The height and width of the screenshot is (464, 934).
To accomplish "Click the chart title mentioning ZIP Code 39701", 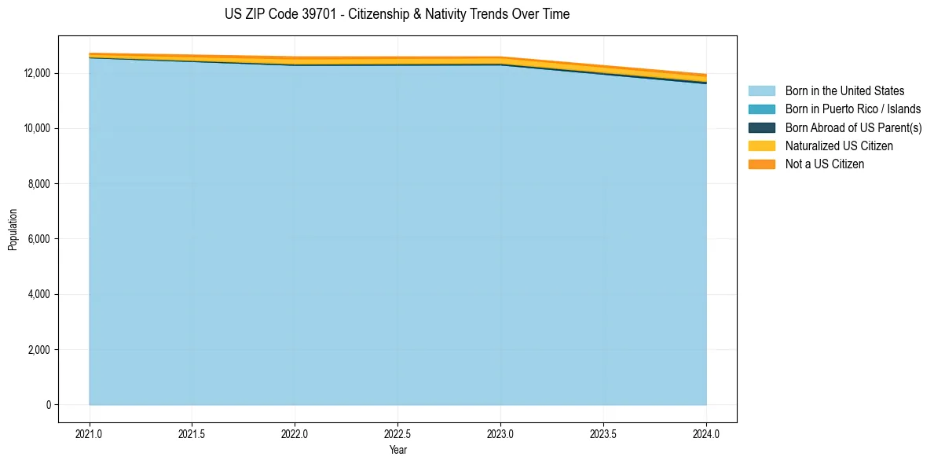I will coord(397,14).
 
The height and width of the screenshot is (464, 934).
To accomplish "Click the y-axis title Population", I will coord(13,230).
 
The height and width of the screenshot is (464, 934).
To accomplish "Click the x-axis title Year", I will coord(397,450).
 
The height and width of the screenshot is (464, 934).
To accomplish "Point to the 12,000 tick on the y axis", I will coord(36,73).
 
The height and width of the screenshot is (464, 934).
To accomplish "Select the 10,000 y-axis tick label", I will coord(36,128).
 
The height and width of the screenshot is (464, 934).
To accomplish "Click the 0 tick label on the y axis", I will coord(48,405).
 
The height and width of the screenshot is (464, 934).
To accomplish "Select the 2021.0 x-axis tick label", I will coord(89,433).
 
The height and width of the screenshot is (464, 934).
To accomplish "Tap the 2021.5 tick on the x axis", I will coord(192,433).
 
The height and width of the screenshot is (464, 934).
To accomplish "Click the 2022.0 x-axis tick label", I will coord(295,433).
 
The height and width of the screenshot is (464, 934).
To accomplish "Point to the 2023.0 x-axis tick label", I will coord(500,433).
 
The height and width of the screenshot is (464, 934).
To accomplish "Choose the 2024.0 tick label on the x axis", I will coord(706,433).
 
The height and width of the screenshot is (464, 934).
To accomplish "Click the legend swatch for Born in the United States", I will coord(761,91).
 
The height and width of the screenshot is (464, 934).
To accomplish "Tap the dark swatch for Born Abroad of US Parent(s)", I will coord(761,127).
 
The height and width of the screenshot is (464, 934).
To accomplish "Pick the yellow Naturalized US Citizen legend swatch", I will coord(761,146).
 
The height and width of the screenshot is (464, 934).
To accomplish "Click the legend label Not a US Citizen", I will coord(824,164).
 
